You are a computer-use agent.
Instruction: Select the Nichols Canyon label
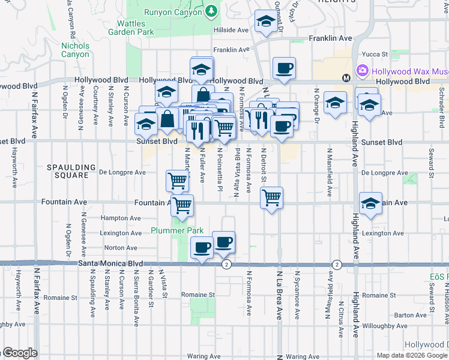(x=75, y=50)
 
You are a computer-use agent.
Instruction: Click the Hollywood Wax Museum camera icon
(x=363, y=71)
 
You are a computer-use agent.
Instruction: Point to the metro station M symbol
(x=346, y=78)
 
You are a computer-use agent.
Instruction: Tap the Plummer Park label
(x=177, y=230)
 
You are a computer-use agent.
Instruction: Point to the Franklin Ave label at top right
(x=330, y=38)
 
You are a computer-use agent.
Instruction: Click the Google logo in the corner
(x=19, y=353)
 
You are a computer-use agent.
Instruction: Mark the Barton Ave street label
(x=411, y=314)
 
